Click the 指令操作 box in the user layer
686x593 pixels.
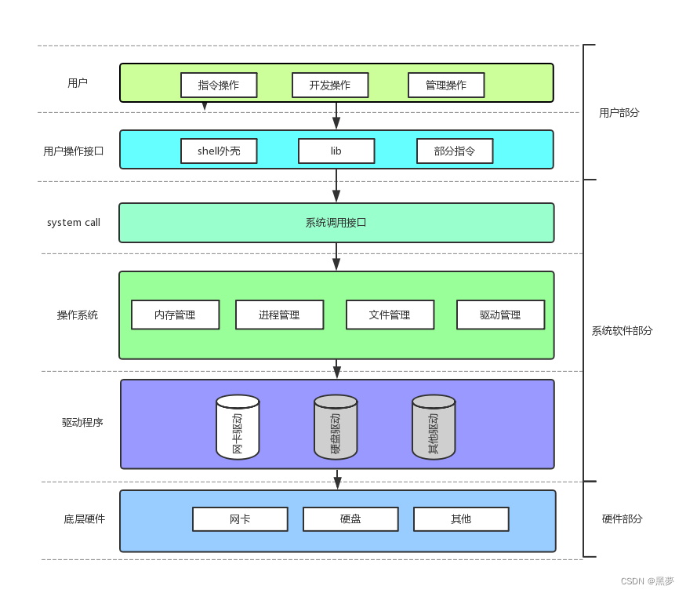pos(219,85)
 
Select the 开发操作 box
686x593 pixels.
pos(330,85)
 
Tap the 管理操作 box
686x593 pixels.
pos(446,85)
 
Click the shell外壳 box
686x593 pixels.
pos(219,151)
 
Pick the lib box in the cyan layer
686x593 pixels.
pos(336,151)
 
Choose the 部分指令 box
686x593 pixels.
pos(455,151)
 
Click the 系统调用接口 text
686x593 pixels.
pos(336,223)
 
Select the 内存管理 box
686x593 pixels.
pos(175,315)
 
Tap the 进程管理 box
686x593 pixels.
pos(279,315)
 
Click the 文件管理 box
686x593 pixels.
pos(390,315)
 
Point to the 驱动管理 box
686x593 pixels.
pos(500,315)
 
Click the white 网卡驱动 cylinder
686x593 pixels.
pos(238,427)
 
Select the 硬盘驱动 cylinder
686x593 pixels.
pos(336,427)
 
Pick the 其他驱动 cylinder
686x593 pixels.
pos(434,427)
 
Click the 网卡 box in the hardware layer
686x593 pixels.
pos(240,519)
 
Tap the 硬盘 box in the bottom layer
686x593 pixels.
pos(350,519)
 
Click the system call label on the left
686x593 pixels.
pos(74,223)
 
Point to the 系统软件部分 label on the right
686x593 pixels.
pos(622,331)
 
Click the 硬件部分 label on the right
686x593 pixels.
pos(622,519)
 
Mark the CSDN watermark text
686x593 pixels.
pos(647,581)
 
